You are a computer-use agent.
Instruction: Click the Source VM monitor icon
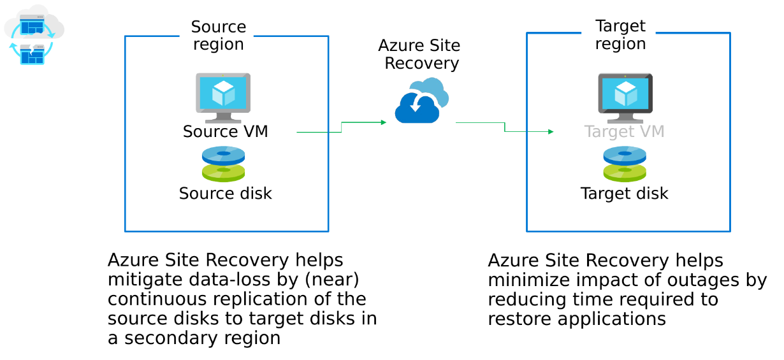coord(223,97)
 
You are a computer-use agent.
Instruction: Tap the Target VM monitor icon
coord(625,97)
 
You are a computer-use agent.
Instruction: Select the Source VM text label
coord(225,131)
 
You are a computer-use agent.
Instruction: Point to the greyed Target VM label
coord(624,132)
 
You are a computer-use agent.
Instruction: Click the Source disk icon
coord(223,164)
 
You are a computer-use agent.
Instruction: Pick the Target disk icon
coord(625,164)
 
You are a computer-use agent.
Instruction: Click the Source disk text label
coord(225,193)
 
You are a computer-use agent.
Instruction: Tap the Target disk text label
coord(624,193)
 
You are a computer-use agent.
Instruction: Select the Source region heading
coord(218,36)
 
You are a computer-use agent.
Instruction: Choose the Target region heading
coord(620,35)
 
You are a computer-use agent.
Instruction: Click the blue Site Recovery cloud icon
coord(421,101)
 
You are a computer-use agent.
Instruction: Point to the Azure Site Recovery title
coord(419,54)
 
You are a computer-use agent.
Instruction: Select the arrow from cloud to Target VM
coord(505,127)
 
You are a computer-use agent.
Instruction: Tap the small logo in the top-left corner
coord(33,35)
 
